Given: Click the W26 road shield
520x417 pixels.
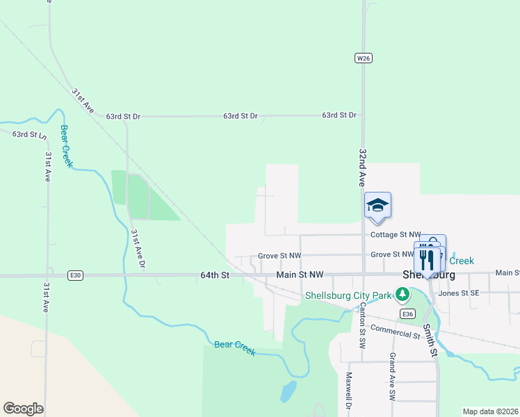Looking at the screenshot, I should (363, 58).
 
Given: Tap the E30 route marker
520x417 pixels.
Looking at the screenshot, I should (76, 276).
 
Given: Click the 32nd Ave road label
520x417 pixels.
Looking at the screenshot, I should (362, 167).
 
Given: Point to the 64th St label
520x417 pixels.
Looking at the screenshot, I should (214, 275).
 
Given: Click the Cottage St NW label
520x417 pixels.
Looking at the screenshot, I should (396, 235).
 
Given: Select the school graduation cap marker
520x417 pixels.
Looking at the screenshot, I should (377, 205).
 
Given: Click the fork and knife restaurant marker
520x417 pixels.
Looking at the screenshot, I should (427, 259).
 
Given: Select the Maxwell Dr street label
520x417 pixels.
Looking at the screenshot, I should (349, 391).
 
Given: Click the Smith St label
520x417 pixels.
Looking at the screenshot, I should (432, 342).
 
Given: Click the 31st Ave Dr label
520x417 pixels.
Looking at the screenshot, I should (138, 250).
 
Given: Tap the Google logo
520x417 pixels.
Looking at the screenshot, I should (23, 409).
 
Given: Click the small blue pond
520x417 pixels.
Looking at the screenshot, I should (287, 393).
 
